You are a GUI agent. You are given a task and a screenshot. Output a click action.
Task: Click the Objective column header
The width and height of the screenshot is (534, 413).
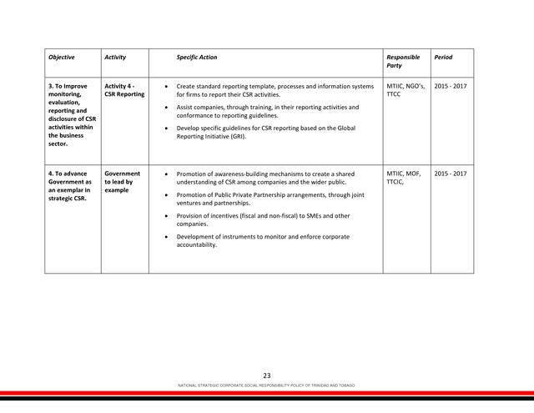(62, 58)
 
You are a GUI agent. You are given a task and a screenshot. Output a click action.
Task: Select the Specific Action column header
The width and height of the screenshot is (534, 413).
(197, 58)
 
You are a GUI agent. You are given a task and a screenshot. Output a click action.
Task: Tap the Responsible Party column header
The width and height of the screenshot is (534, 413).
(403, 61)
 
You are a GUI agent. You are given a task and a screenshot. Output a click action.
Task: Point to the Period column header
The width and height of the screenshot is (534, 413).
(443, 58)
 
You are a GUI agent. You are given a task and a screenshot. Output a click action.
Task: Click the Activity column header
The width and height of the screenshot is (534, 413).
(115, 58)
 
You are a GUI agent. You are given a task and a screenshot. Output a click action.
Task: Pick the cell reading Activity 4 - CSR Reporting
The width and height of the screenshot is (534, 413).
(124, 90)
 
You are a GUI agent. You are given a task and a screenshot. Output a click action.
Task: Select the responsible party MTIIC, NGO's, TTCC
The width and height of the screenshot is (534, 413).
(406, 90)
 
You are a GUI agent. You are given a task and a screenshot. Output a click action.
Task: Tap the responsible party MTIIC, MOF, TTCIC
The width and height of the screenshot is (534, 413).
(404, 178)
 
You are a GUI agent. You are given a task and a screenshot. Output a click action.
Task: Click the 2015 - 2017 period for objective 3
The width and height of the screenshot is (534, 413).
(451, 86)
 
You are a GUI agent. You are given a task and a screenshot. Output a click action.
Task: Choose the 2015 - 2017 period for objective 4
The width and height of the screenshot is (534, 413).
(451, 174)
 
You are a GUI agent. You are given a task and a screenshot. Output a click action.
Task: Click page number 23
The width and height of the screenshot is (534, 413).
(267, 375)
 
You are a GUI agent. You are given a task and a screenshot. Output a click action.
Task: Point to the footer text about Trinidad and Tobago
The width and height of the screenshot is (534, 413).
(267, 385)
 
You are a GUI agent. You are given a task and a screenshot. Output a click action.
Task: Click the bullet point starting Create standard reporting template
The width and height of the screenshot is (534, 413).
(169, 87)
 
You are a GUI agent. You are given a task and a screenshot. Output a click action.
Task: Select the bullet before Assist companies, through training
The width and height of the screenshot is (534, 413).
(169, 108)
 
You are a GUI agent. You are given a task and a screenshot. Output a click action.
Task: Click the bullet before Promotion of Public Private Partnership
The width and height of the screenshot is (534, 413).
(169, 195)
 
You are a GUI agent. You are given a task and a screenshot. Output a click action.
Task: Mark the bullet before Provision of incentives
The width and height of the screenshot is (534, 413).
(169, 216)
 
